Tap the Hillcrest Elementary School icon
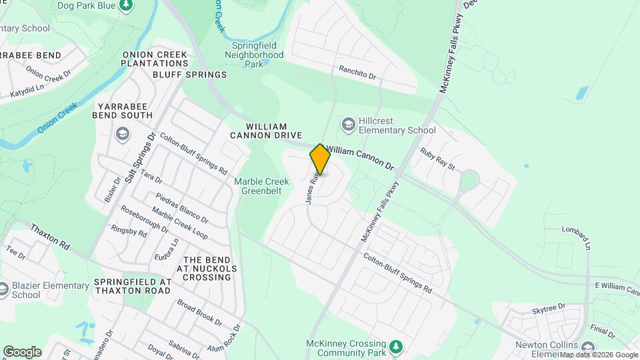pos(348,124)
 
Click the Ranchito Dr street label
pos(357,73)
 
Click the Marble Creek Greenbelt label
pos(261,187)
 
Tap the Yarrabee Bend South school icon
pos(122,135)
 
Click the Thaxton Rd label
pos(50,237)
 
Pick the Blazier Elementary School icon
pos(5,290)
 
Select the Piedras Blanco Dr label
pos(181,208)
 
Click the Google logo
pos(22,352)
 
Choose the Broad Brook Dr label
pos(199,311)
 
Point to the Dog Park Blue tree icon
pos(125,5)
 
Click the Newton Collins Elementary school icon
pos(587,347)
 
